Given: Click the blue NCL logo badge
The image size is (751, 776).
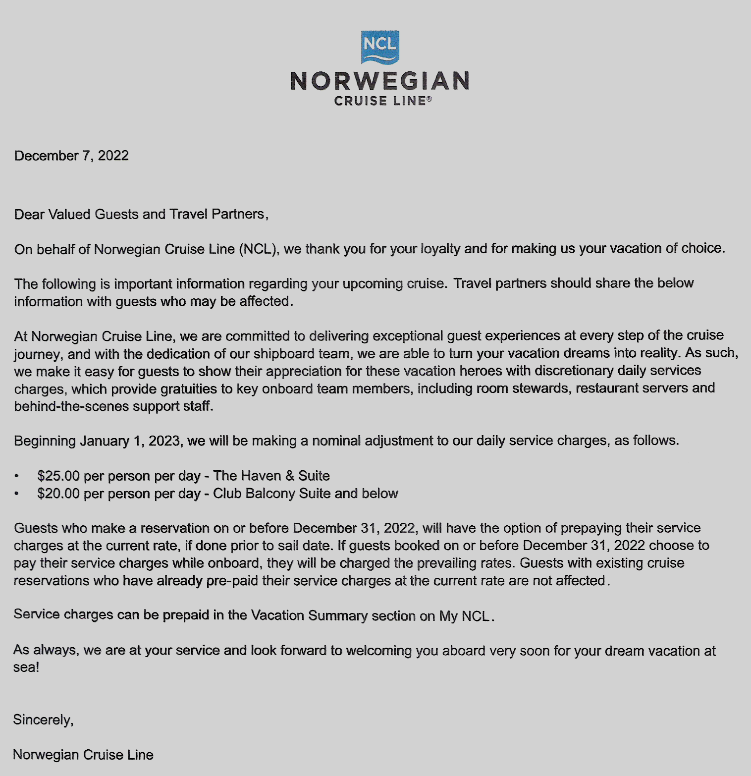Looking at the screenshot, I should coord(380,47).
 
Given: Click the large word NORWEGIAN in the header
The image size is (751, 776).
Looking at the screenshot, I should coord(380,81).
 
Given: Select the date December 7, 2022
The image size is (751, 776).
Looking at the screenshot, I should coord(71,156).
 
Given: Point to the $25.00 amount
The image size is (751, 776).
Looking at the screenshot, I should coord(58,476).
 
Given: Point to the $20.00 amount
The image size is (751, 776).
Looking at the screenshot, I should coord(58,494).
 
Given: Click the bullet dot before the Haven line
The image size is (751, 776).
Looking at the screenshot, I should coord(17,476).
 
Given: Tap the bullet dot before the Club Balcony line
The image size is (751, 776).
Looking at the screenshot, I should coord(17,494).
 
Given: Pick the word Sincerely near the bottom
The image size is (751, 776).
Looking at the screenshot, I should coord(43,720).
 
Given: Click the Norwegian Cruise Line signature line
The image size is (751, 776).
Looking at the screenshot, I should coord(83,755).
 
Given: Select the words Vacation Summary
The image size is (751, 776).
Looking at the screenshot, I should coord(309,615).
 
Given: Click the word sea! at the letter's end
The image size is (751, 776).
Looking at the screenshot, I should coord(26,667).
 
